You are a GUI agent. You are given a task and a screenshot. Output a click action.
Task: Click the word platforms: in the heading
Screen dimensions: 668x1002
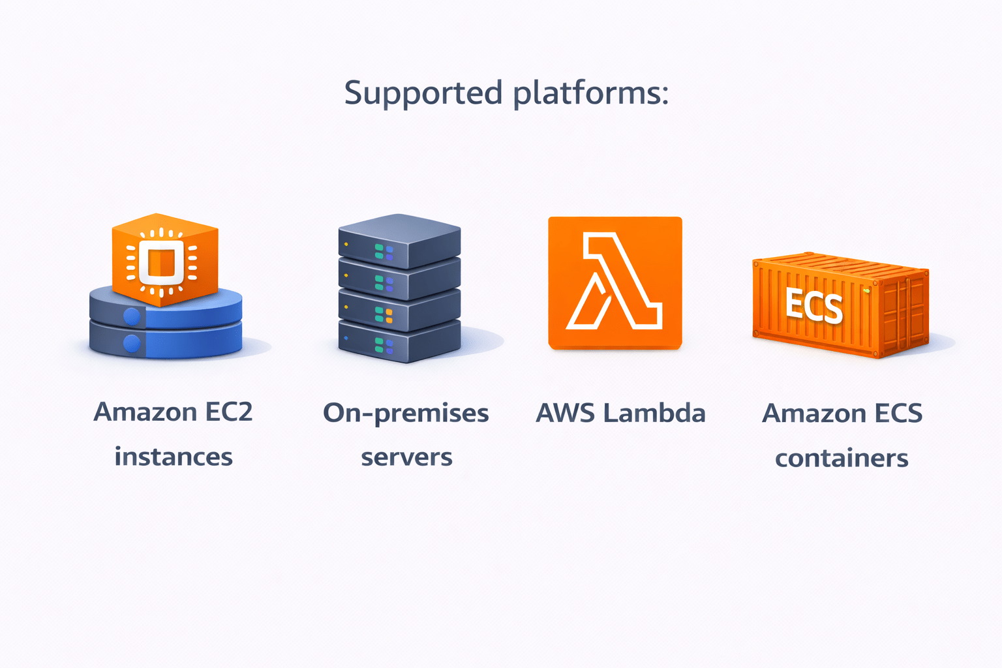coord(590,93)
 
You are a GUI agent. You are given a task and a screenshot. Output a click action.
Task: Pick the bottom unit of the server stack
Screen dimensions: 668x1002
coord(399,342)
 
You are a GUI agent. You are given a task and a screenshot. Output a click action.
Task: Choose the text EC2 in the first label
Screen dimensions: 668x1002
coord(228,412)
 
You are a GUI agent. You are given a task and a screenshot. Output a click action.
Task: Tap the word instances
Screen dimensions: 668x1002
coord(174,457)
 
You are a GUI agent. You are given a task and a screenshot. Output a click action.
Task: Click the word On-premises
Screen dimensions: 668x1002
coord(406,414)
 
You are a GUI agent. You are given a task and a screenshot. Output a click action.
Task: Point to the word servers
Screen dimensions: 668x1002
coord(406,457)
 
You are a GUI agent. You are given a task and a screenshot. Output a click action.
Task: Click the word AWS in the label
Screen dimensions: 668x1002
coord(565,413)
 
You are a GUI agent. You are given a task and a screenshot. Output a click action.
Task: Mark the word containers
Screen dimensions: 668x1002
coord(842,458)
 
